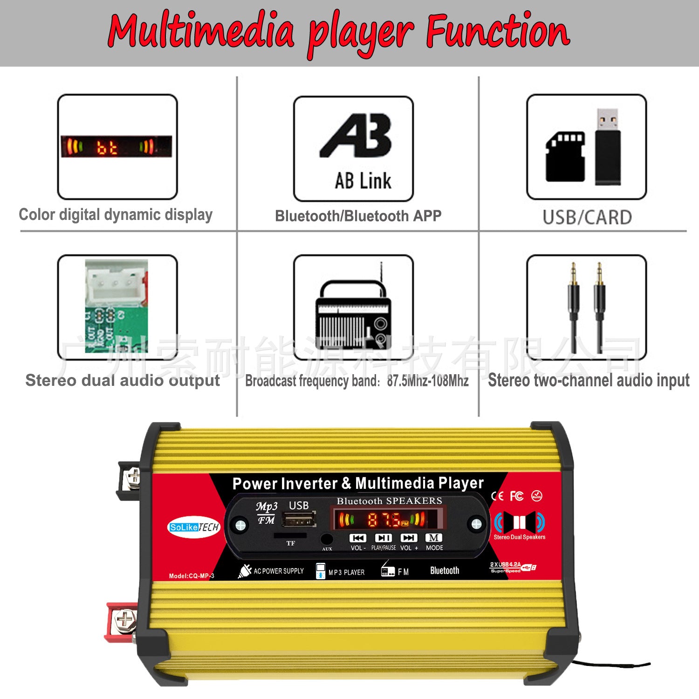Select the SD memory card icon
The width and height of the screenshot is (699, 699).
point(565,157)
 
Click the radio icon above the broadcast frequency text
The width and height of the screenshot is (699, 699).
point(353,312)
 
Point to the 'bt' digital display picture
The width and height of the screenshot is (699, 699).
point(116,146)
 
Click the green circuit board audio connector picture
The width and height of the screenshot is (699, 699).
point(116,306)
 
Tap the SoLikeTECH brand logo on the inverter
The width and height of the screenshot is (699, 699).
point(193,527)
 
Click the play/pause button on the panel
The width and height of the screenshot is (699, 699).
point(383,538)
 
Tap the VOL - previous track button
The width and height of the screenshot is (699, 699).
point(357,538)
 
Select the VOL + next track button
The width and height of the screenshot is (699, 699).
point(409,538)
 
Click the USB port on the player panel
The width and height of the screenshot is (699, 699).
point(299,520)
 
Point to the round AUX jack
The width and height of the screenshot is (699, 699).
point(327,539)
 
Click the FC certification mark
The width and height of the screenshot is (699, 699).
point(516,496)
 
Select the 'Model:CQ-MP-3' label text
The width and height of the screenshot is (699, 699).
point(192,576)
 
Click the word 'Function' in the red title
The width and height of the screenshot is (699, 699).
point(497,31)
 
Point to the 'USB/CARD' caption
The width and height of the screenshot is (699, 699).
point(587,217)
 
